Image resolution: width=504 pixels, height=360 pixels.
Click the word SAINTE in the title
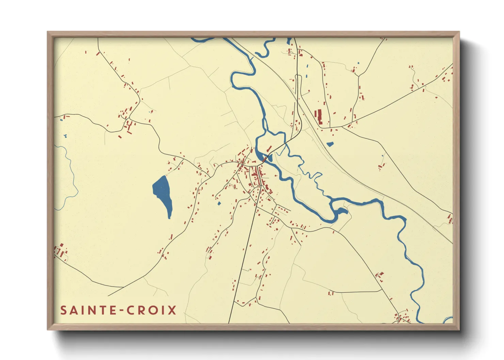tap(87, 310)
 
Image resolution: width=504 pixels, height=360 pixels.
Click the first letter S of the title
tap(64, 310)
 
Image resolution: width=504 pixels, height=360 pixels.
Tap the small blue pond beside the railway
tap(330, 144)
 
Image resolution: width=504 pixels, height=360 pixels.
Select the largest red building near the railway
tap(319, 116)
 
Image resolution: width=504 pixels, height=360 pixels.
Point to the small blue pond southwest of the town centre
tap(219, 203)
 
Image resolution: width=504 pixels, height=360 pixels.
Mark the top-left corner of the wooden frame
tap(48, 32)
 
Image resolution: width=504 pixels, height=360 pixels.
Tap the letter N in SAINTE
tap(96, 310)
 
